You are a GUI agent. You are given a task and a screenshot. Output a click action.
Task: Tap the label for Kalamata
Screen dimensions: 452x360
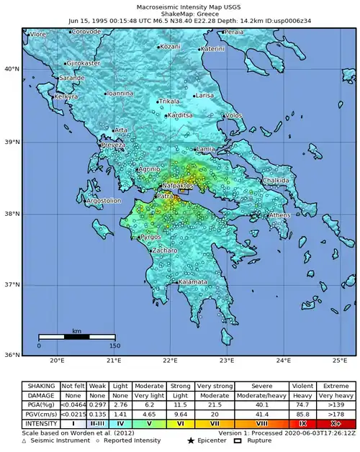(192, 283)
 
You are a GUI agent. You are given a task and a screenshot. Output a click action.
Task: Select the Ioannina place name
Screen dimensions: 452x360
(120, 93)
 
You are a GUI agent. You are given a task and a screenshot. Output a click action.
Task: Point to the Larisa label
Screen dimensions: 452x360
(204, 95)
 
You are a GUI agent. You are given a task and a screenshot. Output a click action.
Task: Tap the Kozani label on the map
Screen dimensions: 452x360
(170, 47)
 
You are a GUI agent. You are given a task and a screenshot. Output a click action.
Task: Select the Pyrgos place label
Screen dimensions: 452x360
(150, 237)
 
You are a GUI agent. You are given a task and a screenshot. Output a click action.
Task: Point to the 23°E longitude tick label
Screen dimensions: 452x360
(227, 361)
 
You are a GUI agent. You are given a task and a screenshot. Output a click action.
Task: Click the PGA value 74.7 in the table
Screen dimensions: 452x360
(302, 405)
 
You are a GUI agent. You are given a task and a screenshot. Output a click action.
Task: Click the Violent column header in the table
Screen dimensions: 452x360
(302, 386)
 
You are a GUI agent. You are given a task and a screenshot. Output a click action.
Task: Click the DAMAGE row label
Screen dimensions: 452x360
(40, 395)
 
